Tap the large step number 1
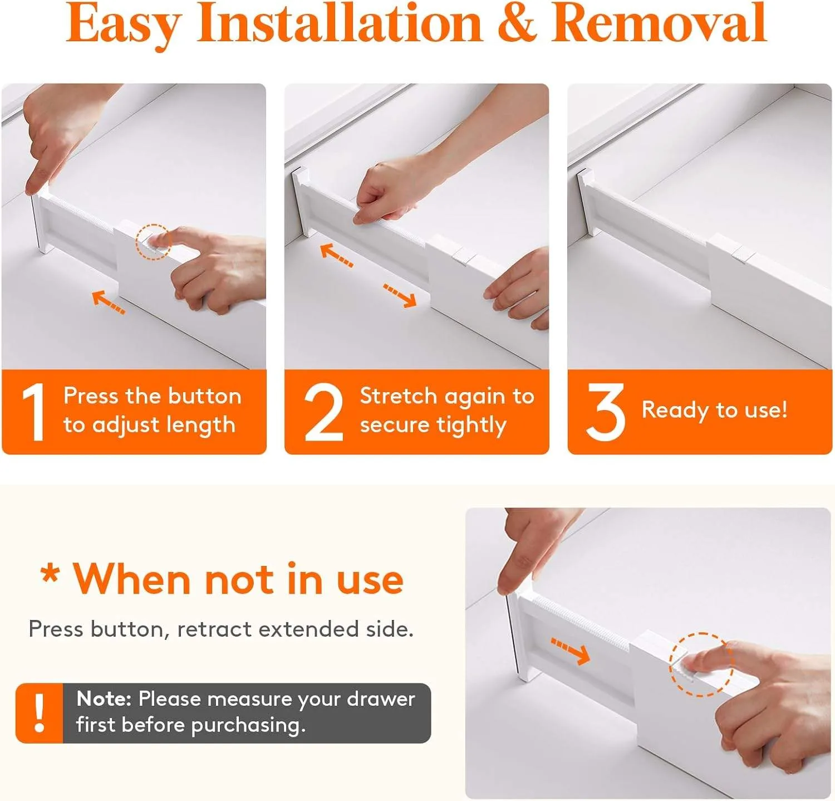(33, 412)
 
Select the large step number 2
(323, 412)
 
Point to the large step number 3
(605, 412)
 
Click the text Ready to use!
(714, 410)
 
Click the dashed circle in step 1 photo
(153, 242)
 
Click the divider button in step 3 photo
(742, 253)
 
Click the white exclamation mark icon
(39, 713)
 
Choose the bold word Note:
(104, 699)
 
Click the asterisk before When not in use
(50, 574)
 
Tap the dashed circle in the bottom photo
(701, 664)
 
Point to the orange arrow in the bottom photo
(571, 651)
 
